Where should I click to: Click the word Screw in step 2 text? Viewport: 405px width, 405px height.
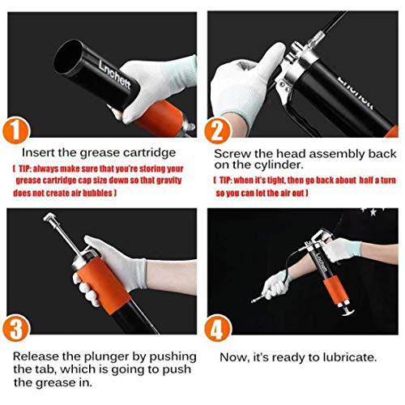(232, 152)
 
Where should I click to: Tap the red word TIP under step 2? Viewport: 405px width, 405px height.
(228, 181)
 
